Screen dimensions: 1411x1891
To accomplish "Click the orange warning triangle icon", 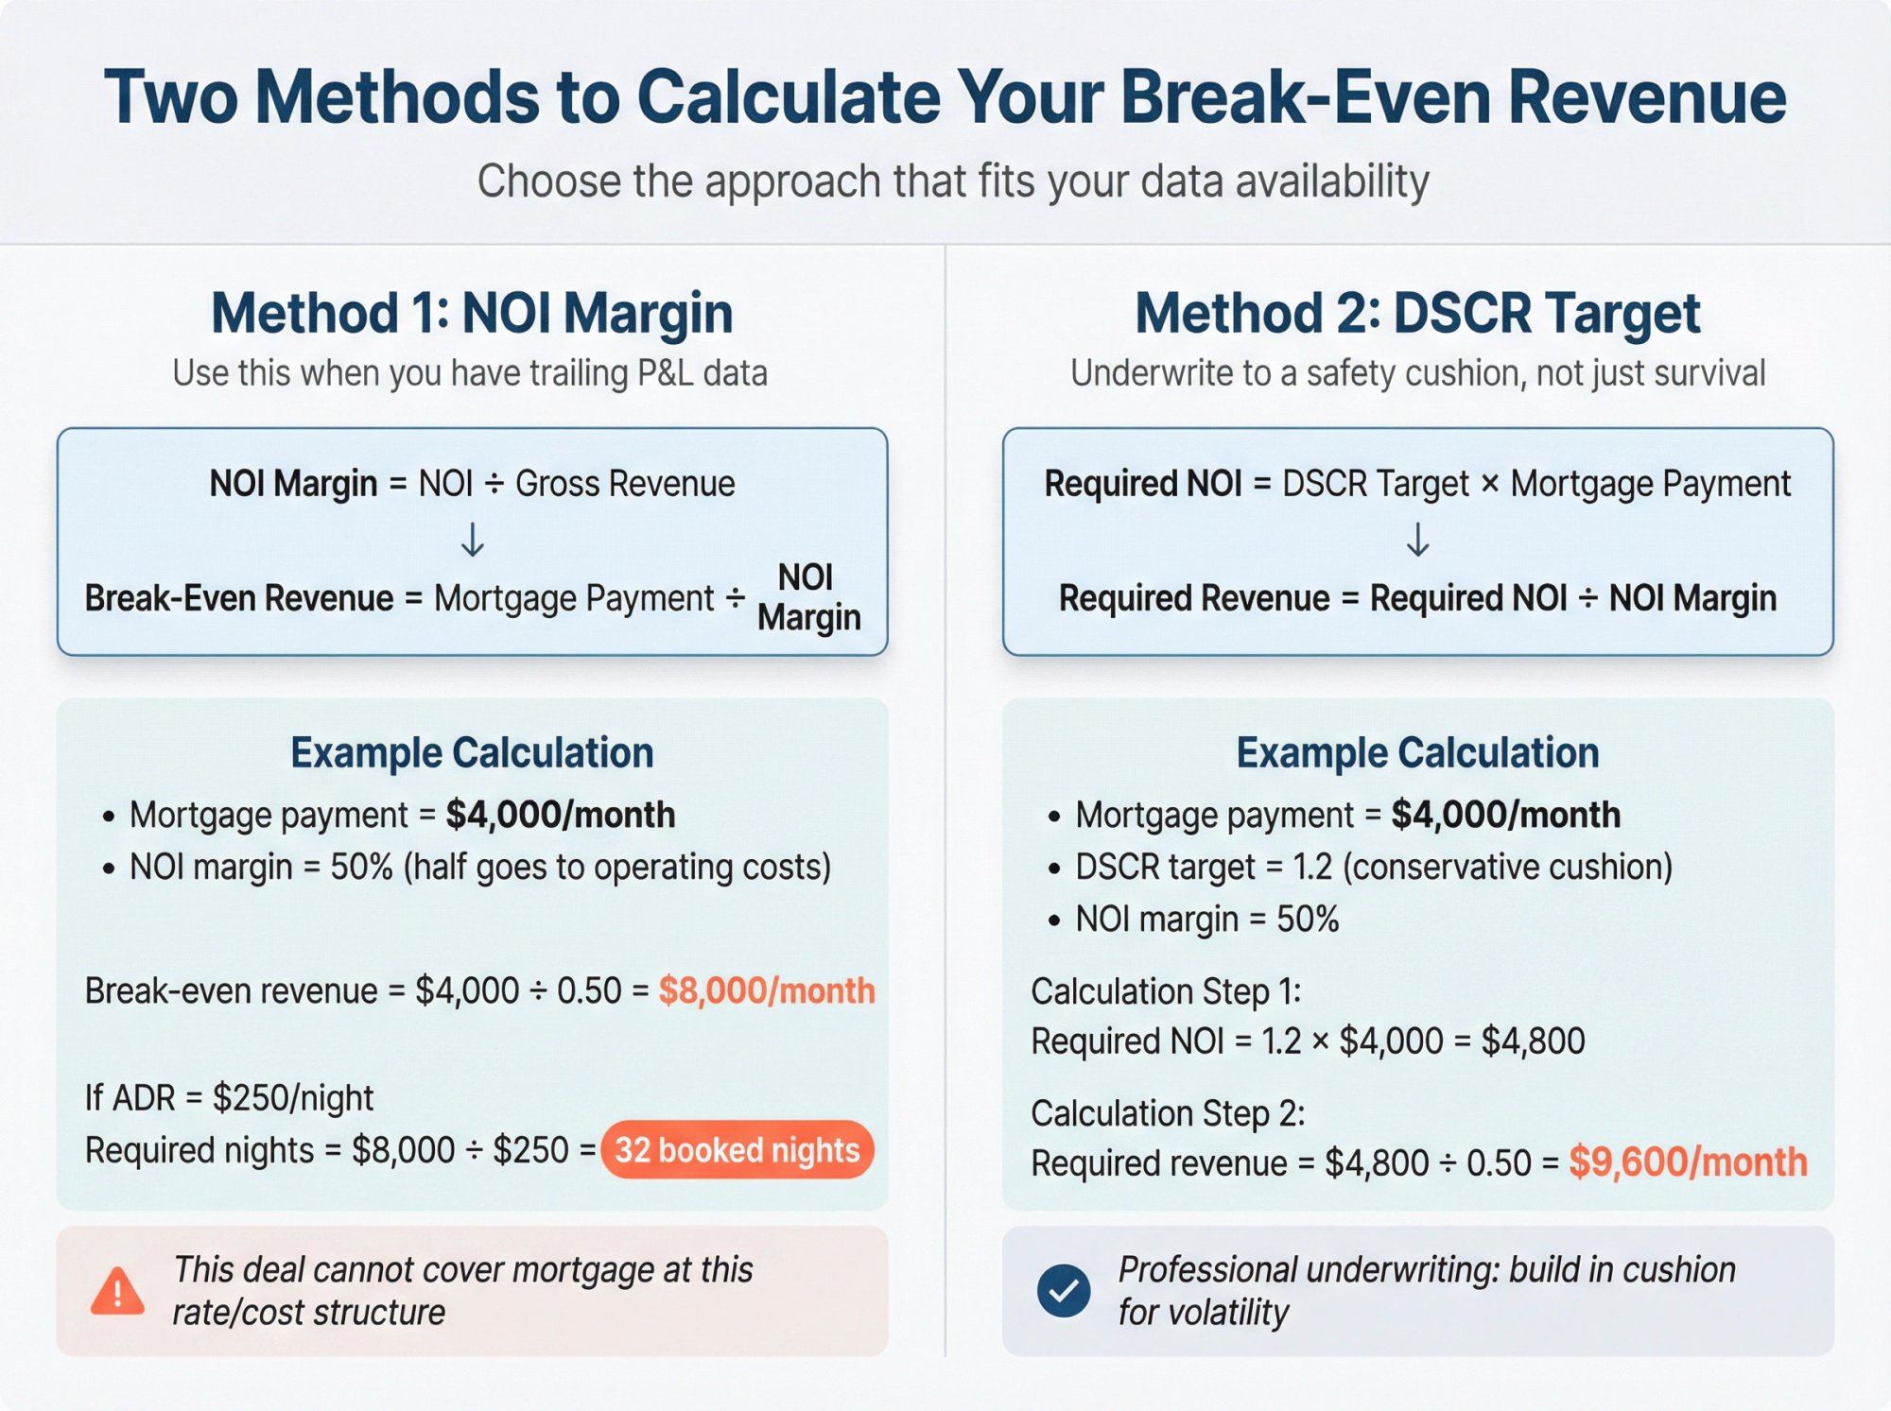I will click(x=117, y=1292).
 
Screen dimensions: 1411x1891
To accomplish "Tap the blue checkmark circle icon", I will click(x=1063, y=1290).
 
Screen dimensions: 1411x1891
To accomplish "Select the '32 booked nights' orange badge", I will click(x=737, y=1150).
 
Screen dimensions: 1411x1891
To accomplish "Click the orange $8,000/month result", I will click(x=767, y=990).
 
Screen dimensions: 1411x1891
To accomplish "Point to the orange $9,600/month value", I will click(x=1688, y=1162).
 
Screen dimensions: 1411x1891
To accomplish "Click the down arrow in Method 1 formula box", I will click(x=472, y=541).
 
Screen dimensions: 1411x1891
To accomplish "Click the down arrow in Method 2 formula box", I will click(x=1417, y=541).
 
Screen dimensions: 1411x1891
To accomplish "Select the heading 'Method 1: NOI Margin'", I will click(x=472, y=313).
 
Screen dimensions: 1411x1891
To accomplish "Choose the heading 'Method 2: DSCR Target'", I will click(x=1417, y=313).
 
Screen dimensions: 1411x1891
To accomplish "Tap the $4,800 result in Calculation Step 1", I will click(x=1533, y=1041).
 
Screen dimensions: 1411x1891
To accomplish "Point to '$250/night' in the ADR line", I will click(x=293, y=1098).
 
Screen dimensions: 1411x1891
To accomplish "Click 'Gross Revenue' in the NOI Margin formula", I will click(x=624, y=484).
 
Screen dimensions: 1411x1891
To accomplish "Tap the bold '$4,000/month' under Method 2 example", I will click(x=1505, y=815).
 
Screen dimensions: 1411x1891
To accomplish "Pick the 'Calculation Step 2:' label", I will click(x=1168, y=1113).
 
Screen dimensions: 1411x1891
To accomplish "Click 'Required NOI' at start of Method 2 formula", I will click(x=1142, y=484).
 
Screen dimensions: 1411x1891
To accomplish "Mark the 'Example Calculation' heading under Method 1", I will click(x=472, y=753).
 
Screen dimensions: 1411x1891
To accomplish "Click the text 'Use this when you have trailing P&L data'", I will click(x=470, y=373).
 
